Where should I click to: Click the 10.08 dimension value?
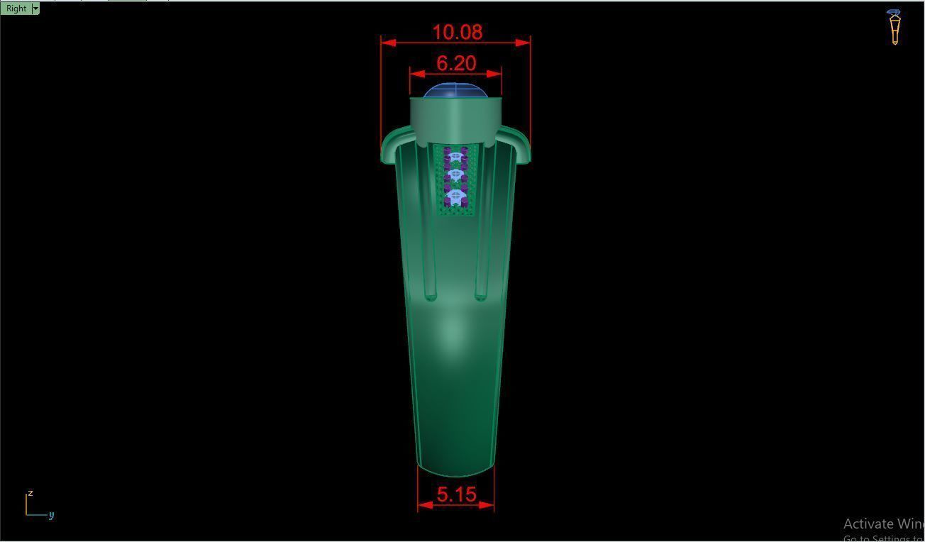[457, 32]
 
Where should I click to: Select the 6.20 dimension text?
[455, 63]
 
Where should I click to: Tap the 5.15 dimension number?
[456, 494]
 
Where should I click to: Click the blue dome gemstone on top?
[455, 90]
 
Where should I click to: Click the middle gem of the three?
[455, 175]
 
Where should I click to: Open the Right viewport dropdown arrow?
[35, 9]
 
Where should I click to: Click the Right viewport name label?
[16, 9]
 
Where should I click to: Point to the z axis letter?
[30, 492]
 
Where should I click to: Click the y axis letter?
[51, 515]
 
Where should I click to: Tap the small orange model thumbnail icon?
[894, 27]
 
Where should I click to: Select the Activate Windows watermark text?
[883, 524]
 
